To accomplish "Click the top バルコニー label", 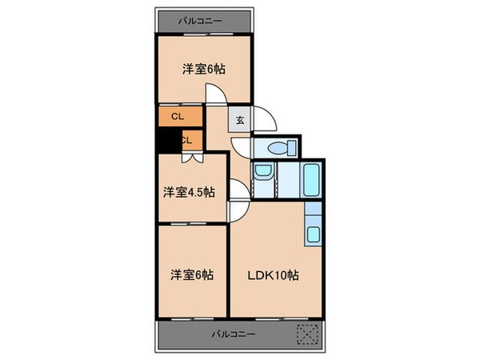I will [x=201, y=20].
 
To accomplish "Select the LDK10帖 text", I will [x=273, y=274].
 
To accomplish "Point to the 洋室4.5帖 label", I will [x=190, y=192].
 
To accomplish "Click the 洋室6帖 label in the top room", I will [x=203, y=69].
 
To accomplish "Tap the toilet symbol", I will [x=277, y=148].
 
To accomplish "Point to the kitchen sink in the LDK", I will [x=314, y=234].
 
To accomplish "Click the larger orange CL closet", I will [x=177, y=117].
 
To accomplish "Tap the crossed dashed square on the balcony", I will [x=308, y=334].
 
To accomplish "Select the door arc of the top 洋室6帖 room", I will [x=216, y=94].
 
